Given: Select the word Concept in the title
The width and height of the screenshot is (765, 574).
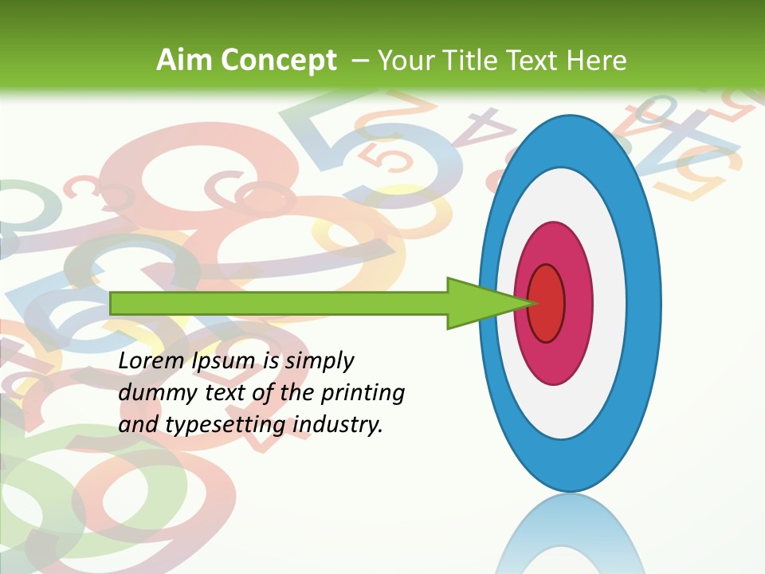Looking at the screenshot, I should coord(279,61).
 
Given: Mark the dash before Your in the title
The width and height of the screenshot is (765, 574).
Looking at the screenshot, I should coord(359,61).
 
